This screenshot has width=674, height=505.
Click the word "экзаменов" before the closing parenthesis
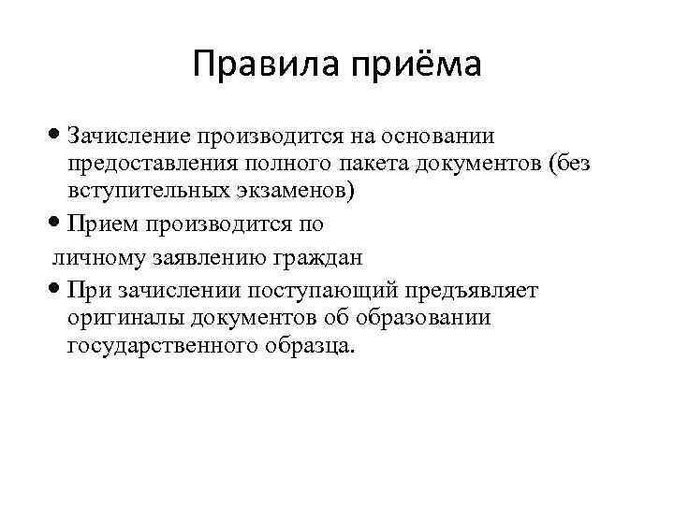(293, 193)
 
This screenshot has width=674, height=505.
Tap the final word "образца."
(310, 346)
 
